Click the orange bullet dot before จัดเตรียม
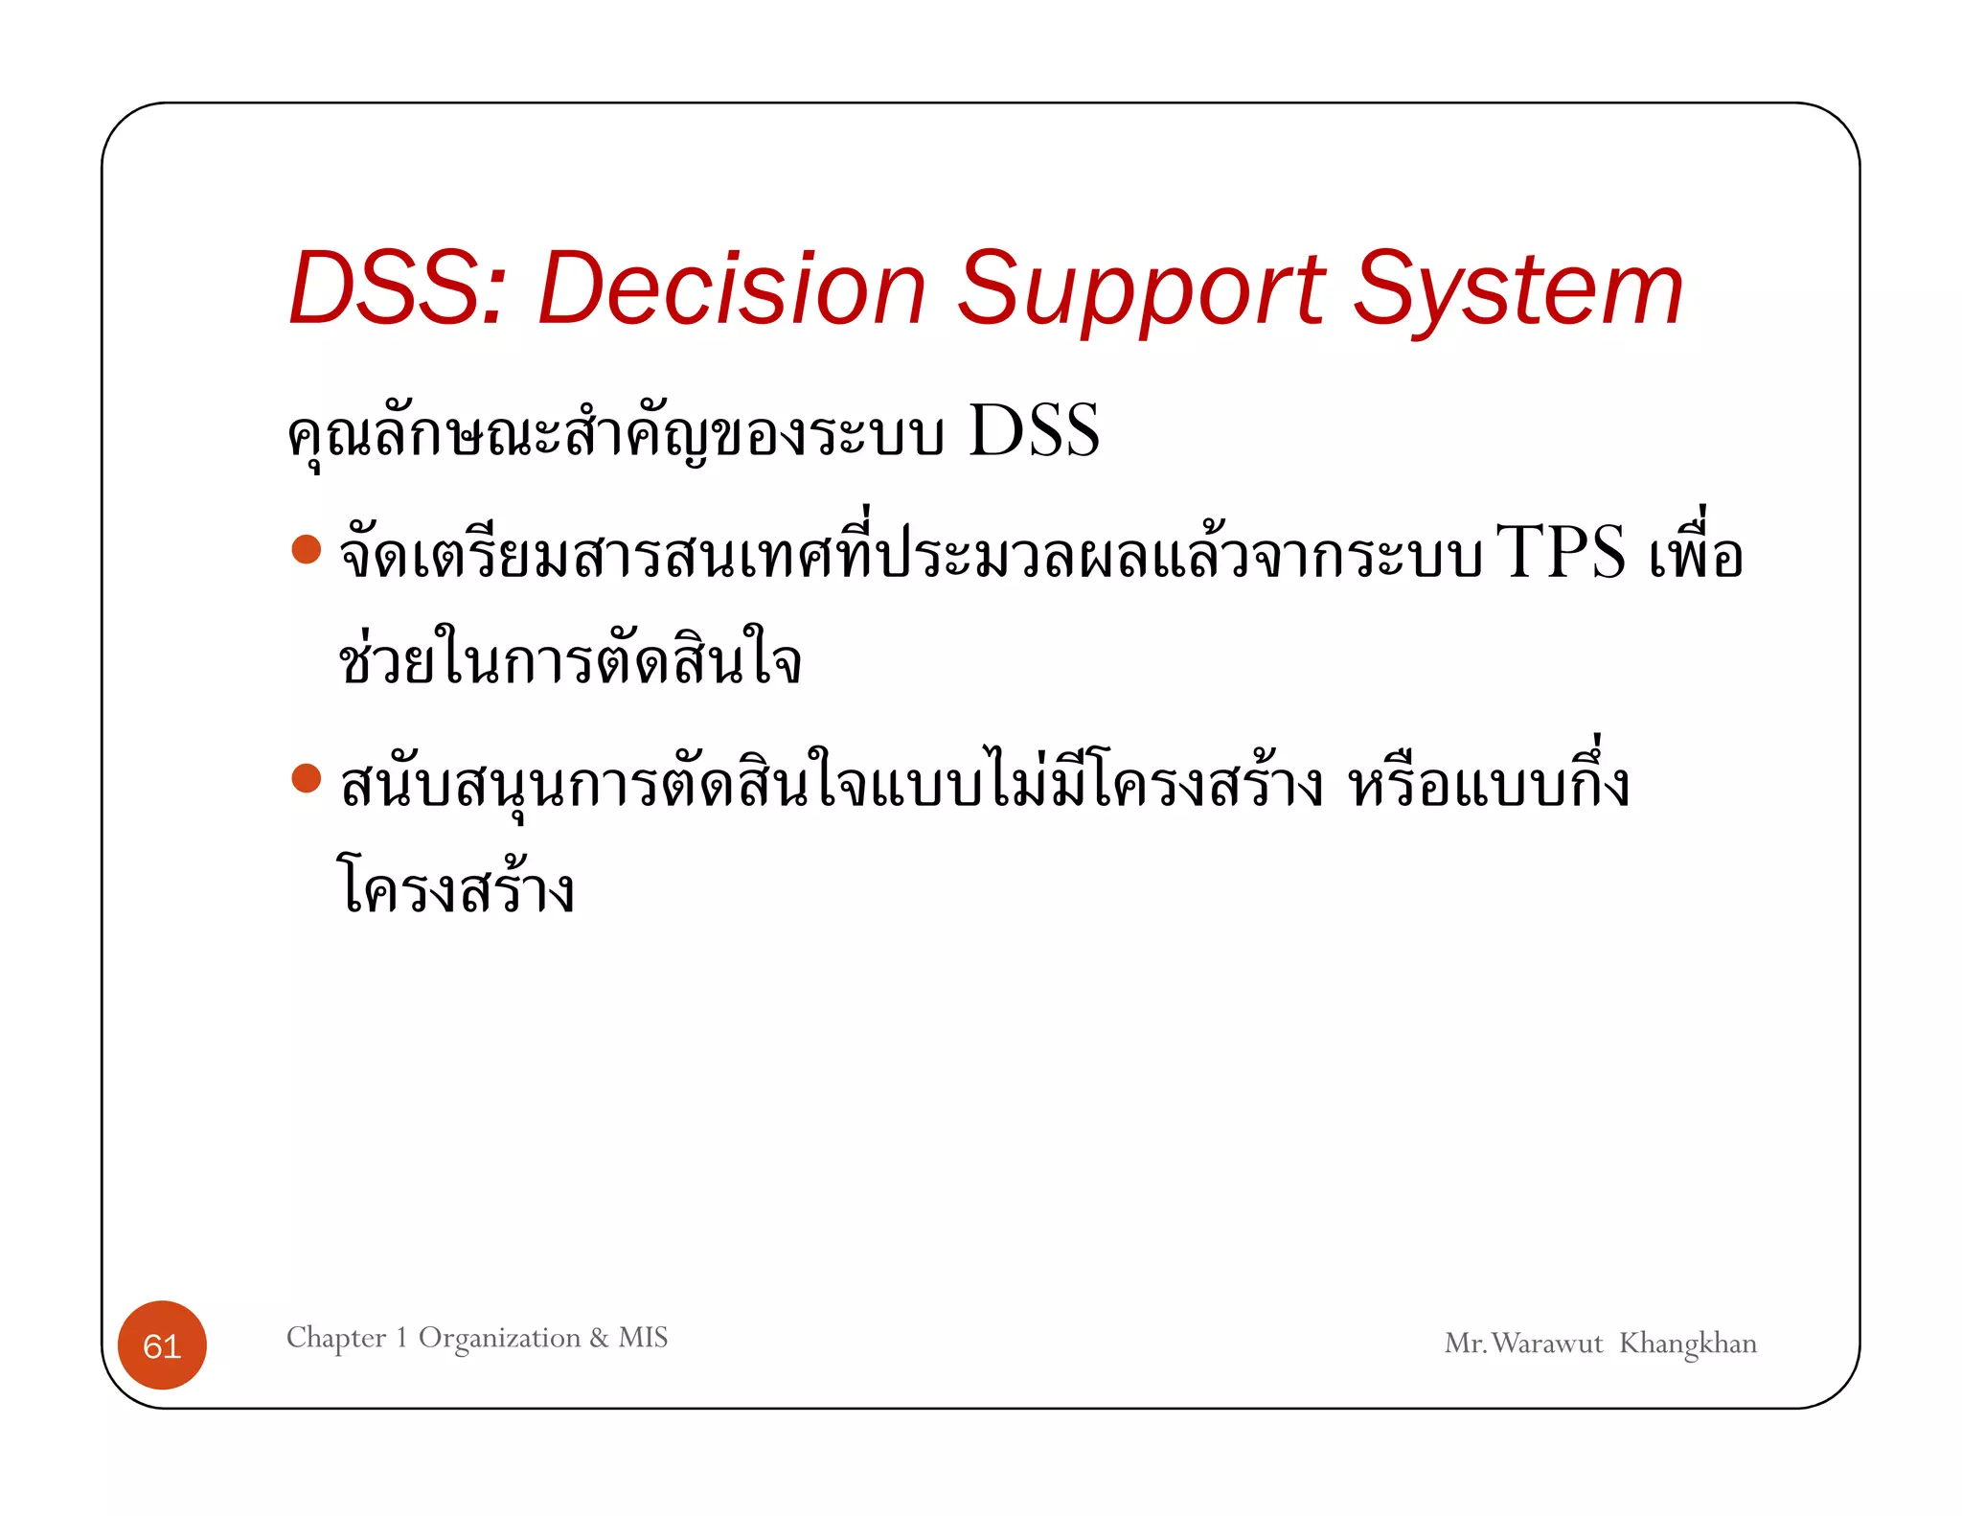tap(306, 549)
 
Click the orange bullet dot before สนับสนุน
tap(306, 778)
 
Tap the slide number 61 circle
tap(162, 1345)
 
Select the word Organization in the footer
tap(499, 1337)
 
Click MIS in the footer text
tap(643, 1337)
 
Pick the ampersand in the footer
tap(599, 1337)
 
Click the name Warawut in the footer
tap(1546, 1344)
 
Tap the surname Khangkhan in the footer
tap(1687, 1344)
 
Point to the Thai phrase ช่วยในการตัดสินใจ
tap(569, 659)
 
